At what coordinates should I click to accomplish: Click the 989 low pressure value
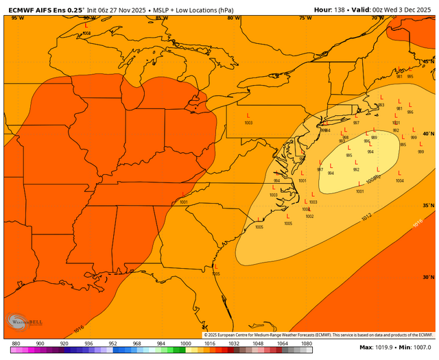[374, 138]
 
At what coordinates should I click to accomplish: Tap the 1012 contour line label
[367, 217]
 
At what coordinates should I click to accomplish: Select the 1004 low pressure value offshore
[399, 181]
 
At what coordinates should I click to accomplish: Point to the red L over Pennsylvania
[248, 115]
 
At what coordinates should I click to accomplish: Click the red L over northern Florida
[215, 266]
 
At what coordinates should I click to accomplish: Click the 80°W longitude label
[233, 18]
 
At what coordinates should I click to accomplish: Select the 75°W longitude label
[306, 18]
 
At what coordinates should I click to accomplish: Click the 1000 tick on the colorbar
[185, 342]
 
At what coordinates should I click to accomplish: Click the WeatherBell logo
[20, 322]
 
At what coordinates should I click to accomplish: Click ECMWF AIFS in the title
[27, 8]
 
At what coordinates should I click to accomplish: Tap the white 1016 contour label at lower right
[418, 224]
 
